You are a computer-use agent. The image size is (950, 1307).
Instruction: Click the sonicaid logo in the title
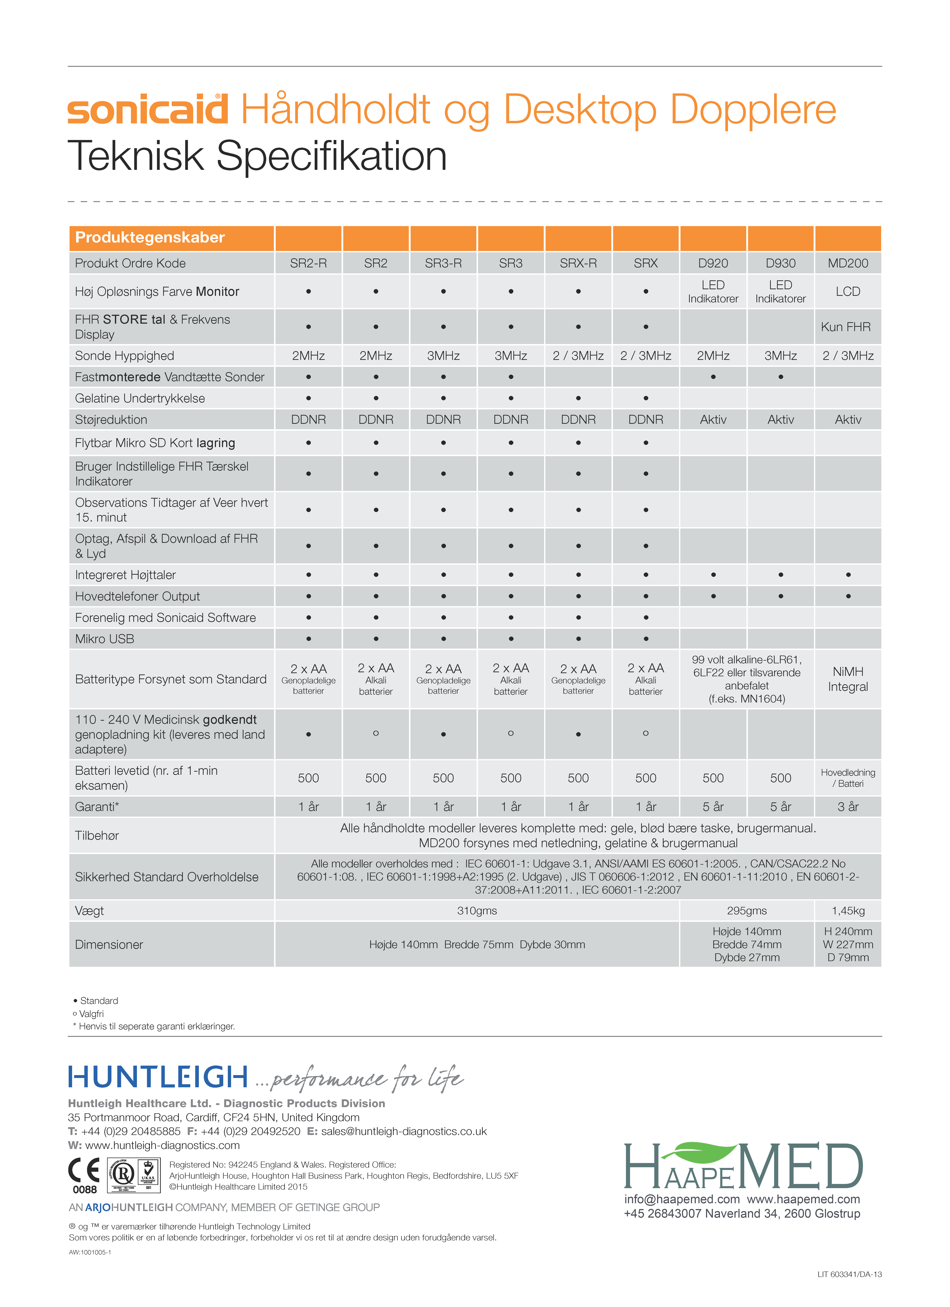tap(147, 109)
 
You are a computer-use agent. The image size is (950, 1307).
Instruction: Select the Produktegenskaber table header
tap(150, 237)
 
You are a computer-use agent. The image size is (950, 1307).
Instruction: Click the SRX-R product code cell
tap(578, 263)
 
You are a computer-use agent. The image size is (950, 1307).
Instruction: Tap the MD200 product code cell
tap(848, 263)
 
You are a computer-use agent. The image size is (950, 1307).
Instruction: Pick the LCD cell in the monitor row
tap(848, 292)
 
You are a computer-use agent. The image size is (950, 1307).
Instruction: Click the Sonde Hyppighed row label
tap(125, 356)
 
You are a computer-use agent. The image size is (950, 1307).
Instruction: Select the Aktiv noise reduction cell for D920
tap(713, 420)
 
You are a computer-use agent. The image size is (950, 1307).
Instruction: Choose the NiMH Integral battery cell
tap(848, 679)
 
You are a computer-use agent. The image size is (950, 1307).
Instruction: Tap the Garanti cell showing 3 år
tap(848, 807)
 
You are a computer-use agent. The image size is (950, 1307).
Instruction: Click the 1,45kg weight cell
tap(848, 911)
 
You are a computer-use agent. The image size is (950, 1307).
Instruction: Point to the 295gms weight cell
tap(747, 911)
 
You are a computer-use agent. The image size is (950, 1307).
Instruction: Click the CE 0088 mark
tap(84, 1176)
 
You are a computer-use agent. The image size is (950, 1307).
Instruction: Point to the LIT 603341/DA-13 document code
tap(850, 1274)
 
